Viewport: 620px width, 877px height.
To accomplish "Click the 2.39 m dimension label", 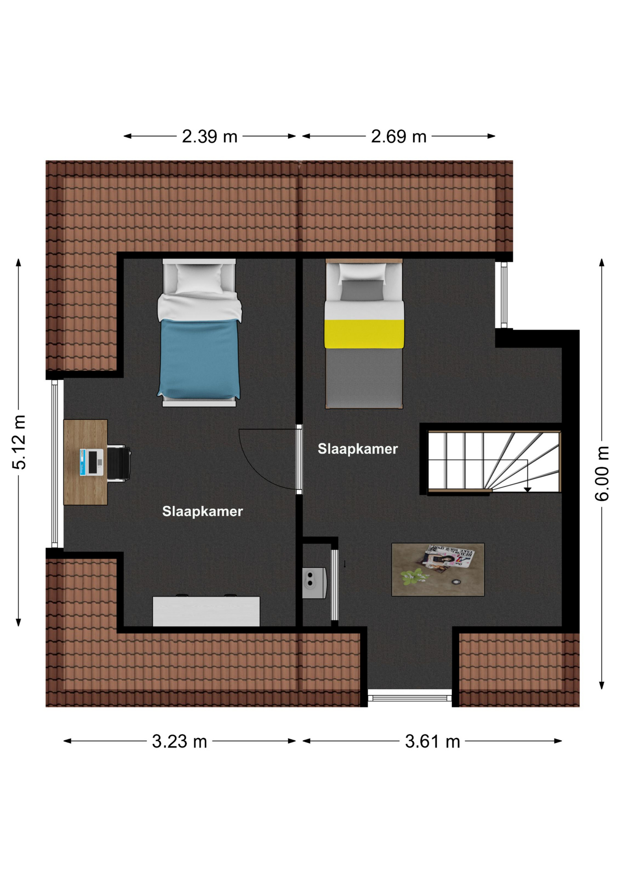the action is point(210,136).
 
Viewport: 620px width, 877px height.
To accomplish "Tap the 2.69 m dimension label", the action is point(399,136).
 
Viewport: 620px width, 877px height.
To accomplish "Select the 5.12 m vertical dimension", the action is point(19,442).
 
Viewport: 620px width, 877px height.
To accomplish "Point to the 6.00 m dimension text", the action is point(602,473).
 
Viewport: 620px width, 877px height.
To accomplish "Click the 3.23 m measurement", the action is point(179,741).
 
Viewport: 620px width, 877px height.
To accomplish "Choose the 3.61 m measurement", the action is point(432,741).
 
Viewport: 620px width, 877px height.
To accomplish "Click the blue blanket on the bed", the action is point(199,359).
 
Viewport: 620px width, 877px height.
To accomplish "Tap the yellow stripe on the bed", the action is point(364,334).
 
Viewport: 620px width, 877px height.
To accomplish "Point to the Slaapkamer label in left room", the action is point(202,511).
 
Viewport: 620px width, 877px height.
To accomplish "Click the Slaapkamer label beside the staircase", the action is point(357,449).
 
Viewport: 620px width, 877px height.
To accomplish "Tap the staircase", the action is point(494,461).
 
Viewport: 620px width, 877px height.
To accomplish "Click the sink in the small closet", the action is point(314,583).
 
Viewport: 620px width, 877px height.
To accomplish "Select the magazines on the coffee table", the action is point(447,558).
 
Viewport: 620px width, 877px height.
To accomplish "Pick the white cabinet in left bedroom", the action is point(206,611).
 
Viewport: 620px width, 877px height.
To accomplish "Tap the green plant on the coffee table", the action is point(414,576).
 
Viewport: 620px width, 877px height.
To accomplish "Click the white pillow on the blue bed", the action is point(199,279).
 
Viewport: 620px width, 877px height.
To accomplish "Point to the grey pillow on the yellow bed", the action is point(363,290).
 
